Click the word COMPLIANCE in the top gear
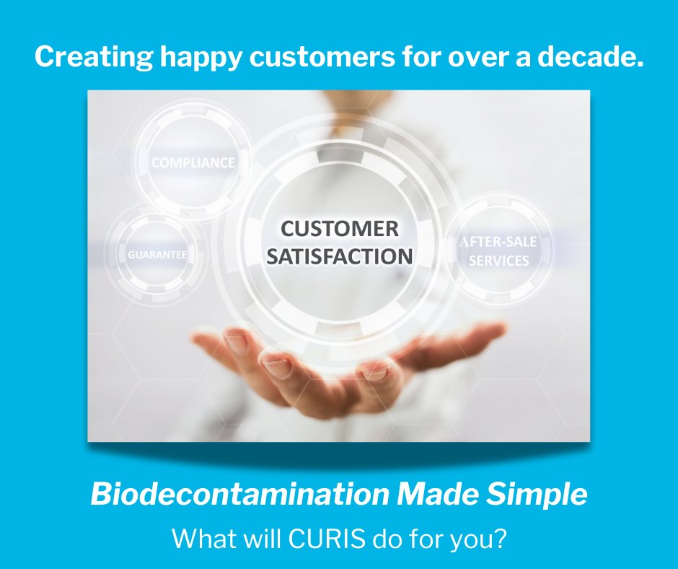pyautogui.click(x=193, y=163)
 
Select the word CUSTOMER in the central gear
pyautogui.click(x=339, y=229)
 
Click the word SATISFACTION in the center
pyautogui.click(x=339, y=256)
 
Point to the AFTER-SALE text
pyautogui.click(x=498, y=242)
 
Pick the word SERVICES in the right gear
pyautogui.click(x=498, y=261)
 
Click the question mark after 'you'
pyautogui.click(x=502, y=539)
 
